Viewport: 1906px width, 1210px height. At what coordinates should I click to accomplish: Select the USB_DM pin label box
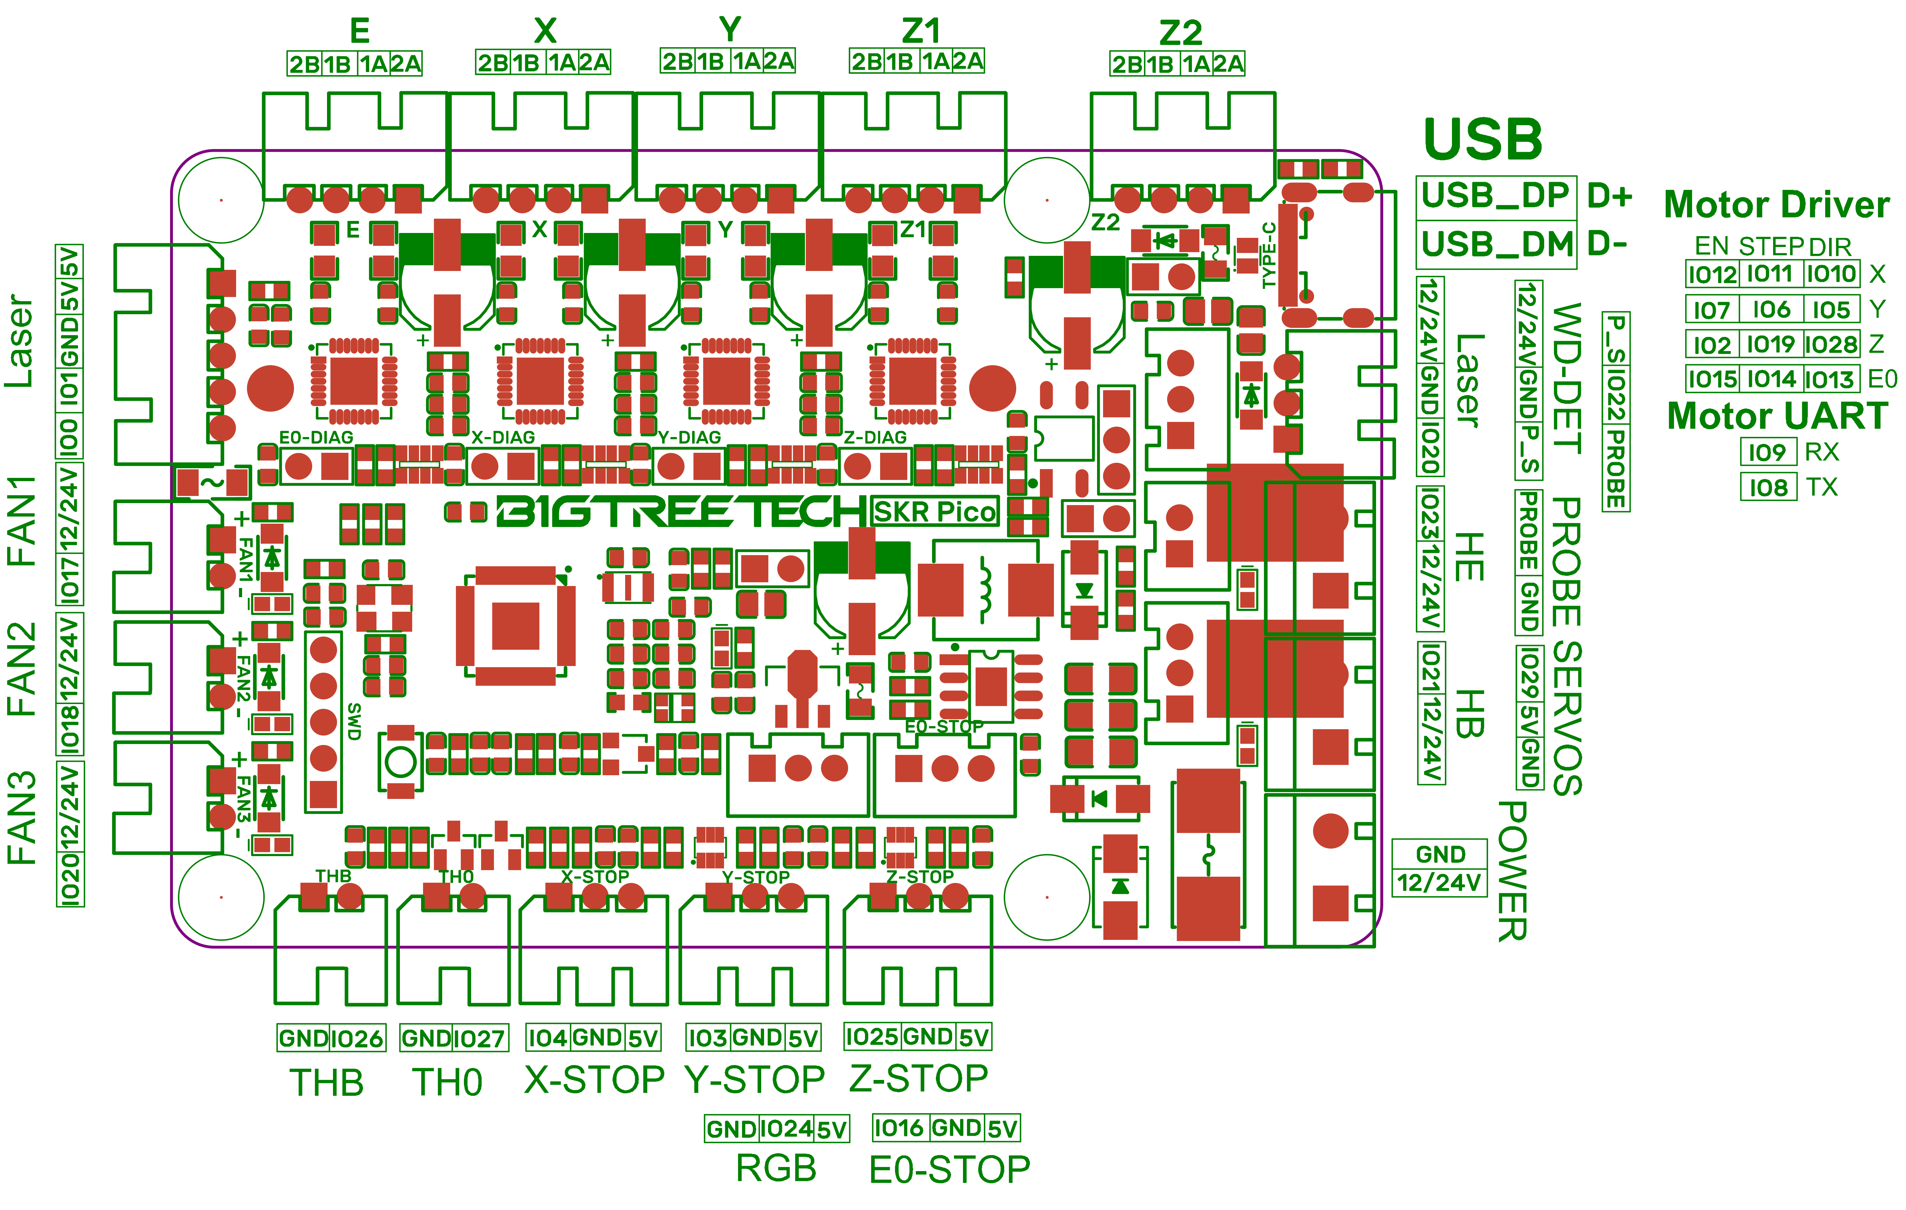[x=1496, y=244]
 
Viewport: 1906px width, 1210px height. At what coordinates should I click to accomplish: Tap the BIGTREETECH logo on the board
[x=681, y=512]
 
